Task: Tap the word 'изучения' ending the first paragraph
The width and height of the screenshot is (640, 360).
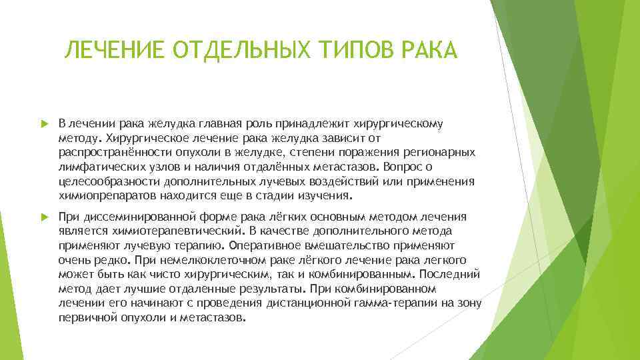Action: click(x=327, y=196)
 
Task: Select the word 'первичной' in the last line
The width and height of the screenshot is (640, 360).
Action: click(x=86, y=318)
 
